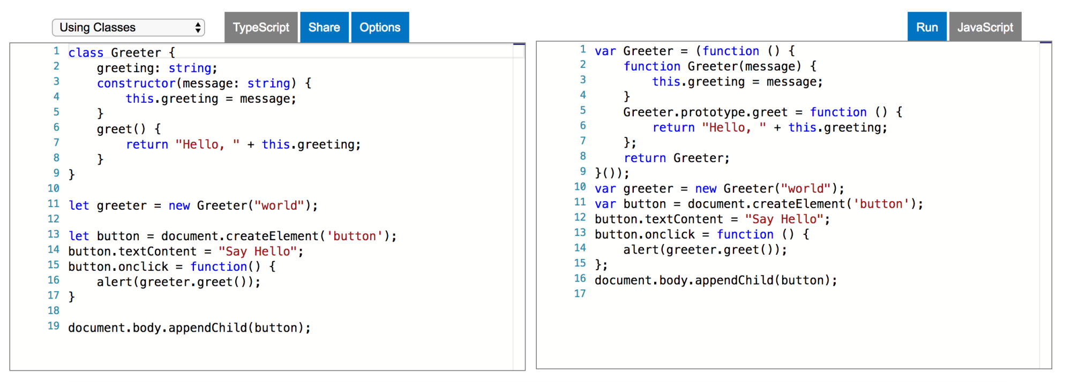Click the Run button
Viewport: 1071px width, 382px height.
point(927,27)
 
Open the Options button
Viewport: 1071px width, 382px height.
point(380,27)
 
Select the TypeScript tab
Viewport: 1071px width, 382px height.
point(261,27)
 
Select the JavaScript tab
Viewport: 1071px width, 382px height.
point(985,27)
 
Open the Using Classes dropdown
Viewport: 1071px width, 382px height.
point(129,27)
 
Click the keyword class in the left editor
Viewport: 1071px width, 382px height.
point(86,52)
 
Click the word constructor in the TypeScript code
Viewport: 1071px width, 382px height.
point(136,83)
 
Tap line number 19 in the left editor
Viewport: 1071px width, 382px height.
point(54,326)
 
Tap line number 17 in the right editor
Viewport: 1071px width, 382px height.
point(580,294)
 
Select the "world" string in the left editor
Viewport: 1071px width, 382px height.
point(279,205)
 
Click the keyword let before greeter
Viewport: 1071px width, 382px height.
point(79,205)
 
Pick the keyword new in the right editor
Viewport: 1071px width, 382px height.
point(706,189)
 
